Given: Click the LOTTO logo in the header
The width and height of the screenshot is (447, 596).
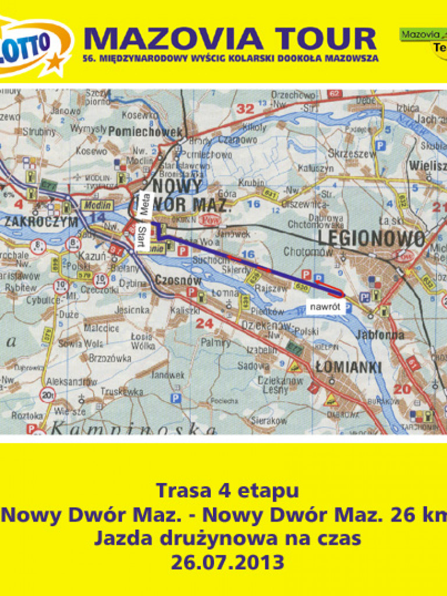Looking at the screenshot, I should (32, 47).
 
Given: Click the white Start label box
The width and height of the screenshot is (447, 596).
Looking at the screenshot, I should (140, 236).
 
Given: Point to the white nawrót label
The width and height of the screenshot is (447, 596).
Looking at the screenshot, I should (323, 305).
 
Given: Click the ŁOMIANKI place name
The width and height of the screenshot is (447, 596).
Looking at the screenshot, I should (347, 367).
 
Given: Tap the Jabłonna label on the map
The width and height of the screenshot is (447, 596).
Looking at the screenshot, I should (382, 335).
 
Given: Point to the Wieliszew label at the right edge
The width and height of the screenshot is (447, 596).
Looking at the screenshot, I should (430, 165).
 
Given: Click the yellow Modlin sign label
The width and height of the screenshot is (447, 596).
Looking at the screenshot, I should (96, 205).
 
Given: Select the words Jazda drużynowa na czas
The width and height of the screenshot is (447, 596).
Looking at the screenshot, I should (228, 538).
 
